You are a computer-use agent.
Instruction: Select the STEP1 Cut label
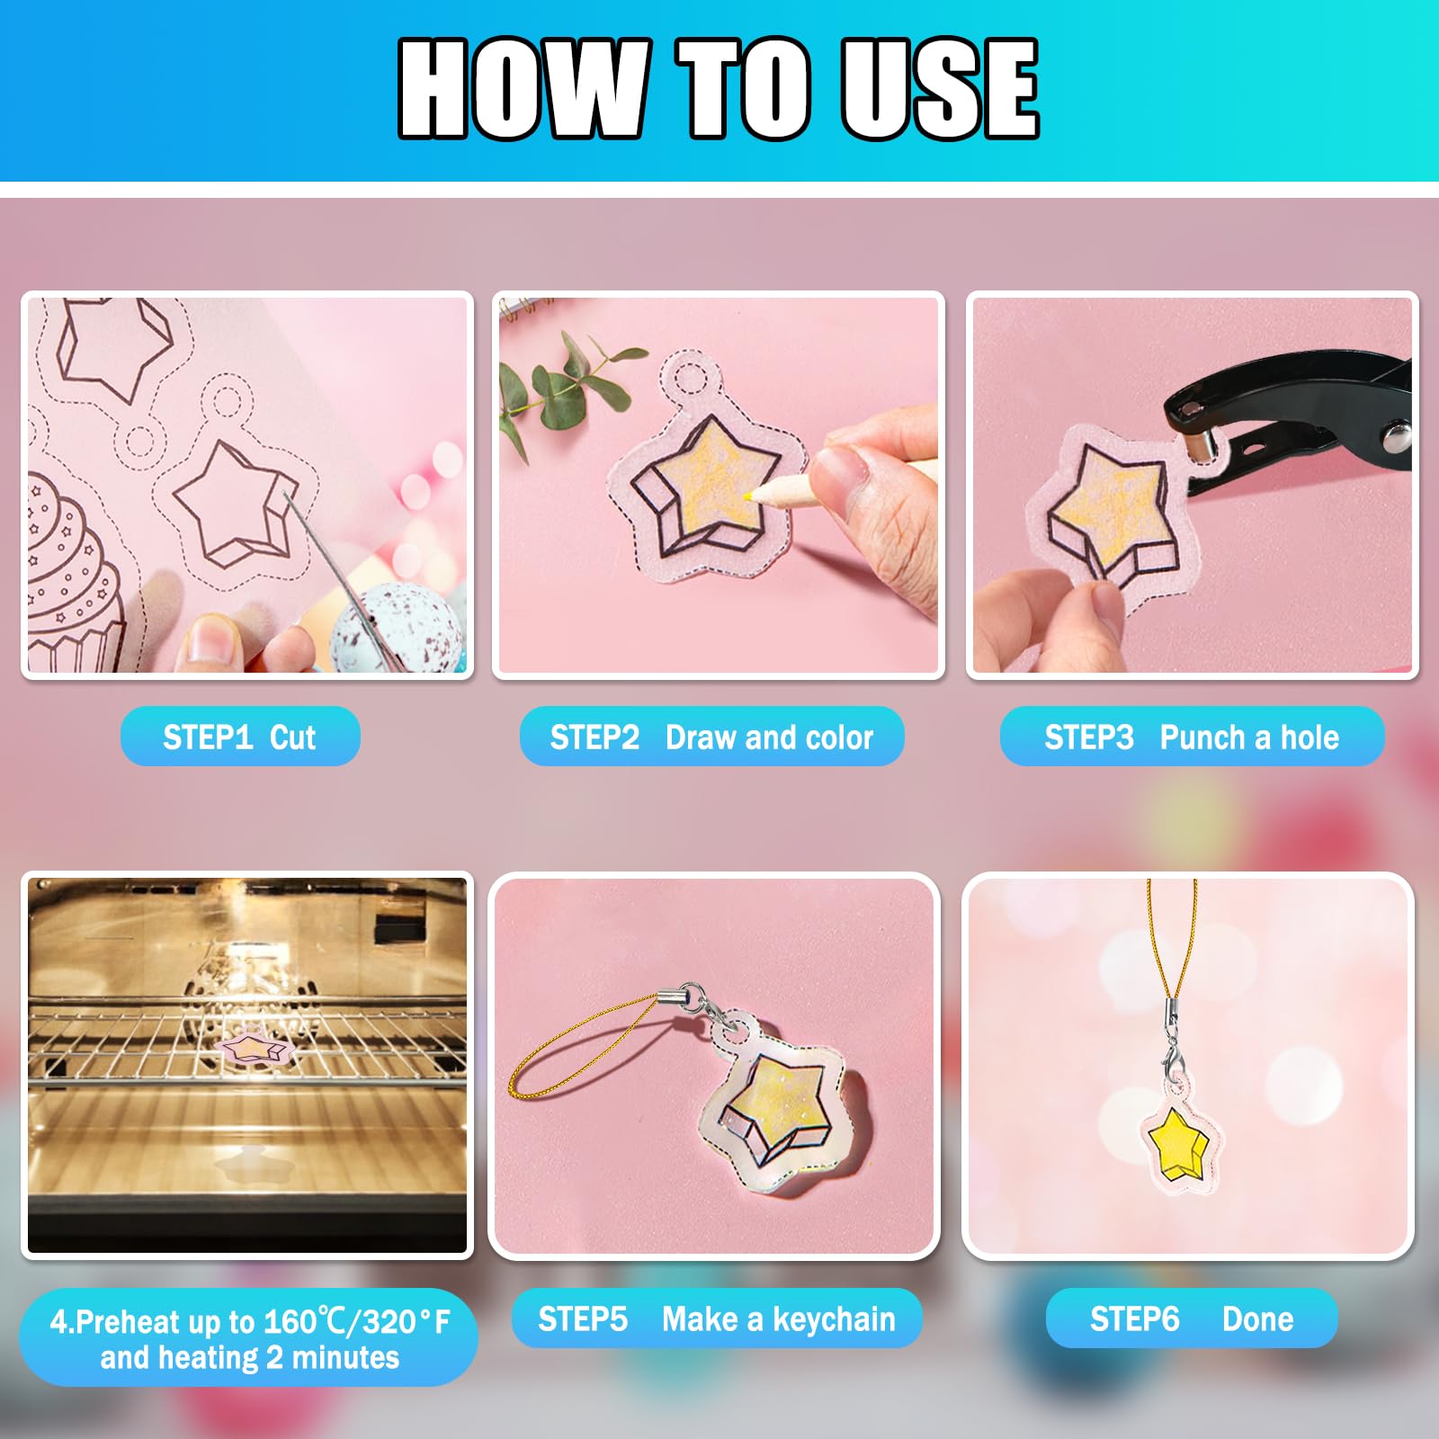point(240,737)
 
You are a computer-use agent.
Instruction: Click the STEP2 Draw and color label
point(711,737)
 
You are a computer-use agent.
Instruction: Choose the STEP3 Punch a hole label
point(1192,737)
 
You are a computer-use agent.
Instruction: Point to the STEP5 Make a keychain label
point(717,1318)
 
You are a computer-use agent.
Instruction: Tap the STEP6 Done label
point(1192,1318)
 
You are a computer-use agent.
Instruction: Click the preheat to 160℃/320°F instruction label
point(249,1338)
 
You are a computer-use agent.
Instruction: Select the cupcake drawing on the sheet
point(67,576)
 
